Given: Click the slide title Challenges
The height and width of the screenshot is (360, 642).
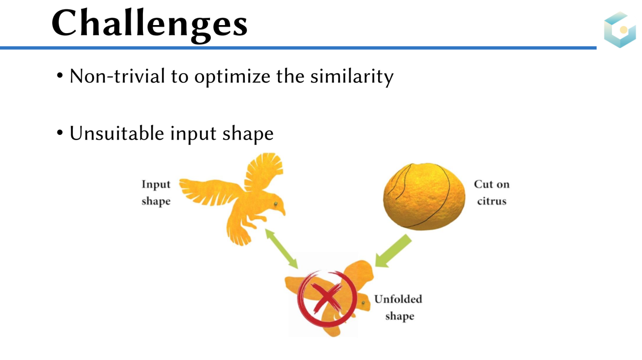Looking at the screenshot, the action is pos(149,25).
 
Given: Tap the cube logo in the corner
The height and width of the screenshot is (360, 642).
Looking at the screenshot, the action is pos(619,30).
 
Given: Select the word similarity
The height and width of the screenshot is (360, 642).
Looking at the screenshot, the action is pos(352,77).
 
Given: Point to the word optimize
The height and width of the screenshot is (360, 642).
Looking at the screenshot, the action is pos(232,77).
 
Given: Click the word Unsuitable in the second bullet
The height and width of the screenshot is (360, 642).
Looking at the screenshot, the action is pos(117,133).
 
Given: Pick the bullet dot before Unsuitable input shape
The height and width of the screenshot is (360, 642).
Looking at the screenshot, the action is pos(60,133).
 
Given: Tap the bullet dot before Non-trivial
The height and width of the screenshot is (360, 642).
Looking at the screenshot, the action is pos(60,76).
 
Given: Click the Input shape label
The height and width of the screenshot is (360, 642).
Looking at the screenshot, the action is pos(156,193).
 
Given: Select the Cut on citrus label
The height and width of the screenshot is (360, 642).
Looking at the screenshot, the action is pos(492,193).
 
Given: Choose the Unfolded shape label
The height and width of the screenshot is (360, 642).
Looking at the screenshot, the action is pos(398,307).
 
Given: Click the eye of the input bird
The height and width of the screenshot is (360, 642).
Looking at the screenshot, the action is pos(276,204).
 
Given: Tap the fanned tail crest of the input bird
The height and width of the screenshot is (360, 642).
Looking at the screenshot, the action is pos(264,169).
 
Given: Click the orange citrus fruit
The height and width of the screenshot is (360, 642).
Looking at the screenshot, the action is pos(424,197).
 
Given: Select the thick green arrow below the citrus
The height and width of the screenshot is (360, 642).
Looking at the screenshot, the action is pos(393,251).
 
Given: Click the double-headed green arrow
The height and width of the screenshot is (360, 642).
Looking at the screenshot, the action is pos(281,249).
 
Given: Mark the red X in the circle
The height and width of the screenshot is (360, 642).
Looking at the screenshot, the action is pos(327,298).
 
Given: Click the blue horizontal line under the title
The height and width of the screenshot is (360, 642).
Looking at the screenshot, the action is pos(298,48).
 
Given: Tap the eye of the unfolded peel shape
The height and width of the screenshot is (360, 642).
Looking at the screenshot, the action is pos(363,303).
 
